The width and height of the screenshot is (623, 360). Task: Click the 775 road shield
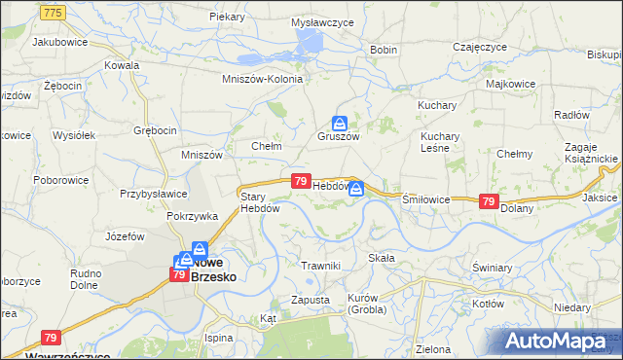[54, 11]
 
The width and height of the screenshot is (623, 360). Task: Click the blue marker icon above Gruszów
[339, 123]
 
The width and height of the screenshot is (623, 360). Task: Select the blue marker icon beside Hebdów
[357, 188]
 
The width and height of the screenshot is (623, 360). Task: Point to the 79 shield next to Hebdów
[301, 181]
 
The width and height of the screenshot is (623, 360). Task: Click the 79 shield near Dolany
[490, 200]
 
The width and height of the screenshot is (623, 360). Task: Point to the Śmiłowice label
[425, 198]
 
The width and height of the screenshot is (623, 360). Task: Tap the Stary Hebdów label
[260, 201]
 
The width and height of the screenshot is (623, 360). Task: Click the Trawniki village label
[319, 266]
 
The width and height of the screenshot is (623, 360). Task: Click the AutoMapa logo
[558, 341]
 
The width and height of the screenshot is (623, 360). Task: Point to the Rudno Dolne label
[86, 280]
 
